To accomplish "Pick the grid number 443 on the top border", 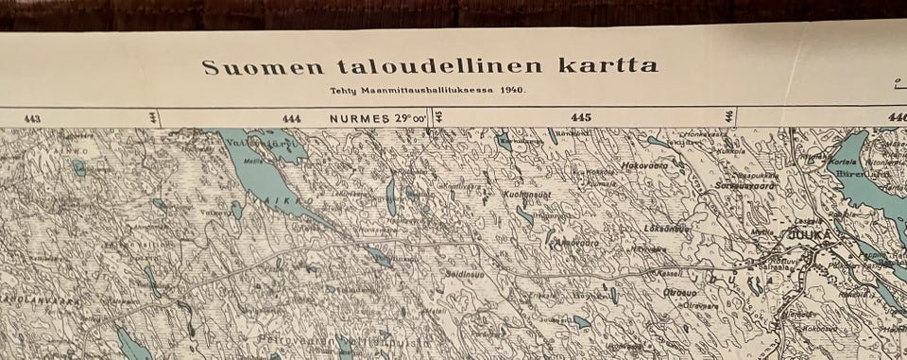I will [x=32, y=119].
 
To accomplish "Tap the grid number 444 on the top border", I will [x=291, y=119].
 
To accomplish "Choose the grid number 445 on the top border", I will [x=580, y=118].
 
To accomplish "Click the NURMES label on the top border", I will [x=360, y=119].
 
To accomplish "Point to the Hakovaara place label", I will [x=644, y=166].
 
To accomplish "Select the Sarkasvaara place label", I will [x=745, y=186].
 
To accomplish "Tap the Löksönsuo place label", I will [x=668, y=229].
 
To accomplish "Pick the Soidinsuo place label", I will [x=463, y=274].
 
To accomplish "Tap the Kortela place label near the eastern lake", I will [x=842, y=162].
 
